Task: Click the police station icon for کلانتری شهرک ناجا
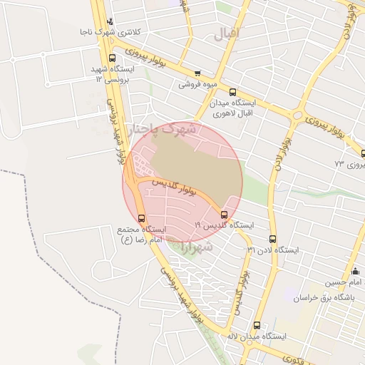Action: pyautogui.click(x=109, y=21)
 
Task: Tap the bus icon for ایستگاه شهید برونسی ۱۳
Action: pyautogui.click(x=111, y=58)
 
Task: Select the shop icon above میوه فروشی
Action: pyautogui.click(x=197, y=73)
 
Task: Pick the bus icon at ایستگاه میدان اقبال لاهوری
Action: pyautogui.click(x=232, y=92)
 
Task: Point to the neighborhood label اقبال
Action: pyautogui.click(x=229, y=33)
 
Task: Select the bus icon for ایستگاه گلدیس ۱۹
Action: pyautogui.click(x=225, y=214)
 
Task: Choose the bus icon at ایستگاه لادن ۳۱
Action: pyautogui.click(x=272, y=240)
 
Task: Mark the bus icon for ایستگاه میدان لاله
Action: pyautogui.click(x=257, y=325)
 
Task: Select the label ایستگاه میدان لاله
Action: pyautogui.click(x=257, y=336)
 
